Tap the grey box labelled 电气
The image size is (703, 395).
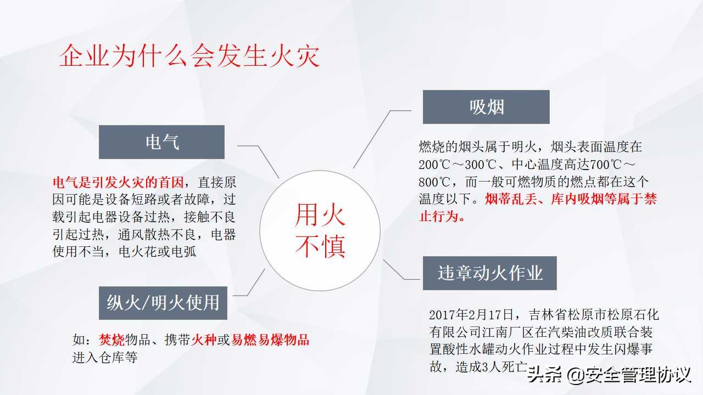[162, 142]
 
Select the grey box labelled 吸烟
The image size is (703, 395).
[486, 107]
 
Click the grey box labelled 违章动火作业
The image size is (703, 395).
[490, 273]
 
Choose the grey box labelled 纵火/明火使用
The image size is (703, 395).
[163, 302]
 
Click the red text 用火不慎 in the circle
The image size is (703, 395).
[320, 230]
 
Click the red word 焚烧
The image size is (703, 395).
[112, 340]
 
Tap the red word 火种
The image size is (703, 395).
[204, 340]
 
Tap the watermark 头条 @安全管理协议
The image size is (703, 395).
[608, 376]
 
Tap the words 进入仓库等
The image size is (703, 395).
[104, 358]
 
